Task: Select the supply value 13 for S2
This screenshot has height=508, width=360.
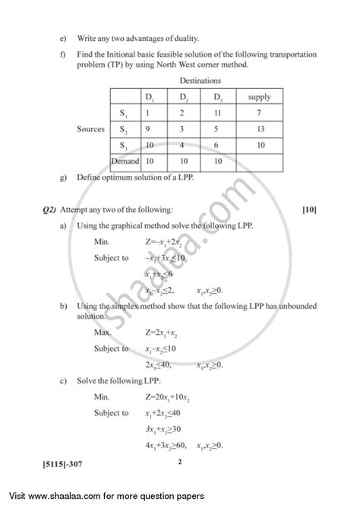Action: [x=259, y=129]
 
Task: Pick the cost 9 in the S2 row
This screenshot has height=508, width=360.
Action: [x=149, y=129]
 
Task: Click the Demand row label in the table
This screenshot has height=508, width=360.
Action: [x=125, y=161]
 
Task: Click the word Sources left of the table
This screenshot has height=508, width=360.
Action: [x=91, y=129]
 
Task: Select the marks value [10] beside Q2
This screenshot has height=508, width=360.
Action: [x=309, y=209]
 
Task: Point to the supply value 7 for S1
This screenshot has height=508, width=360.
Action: [x=259, y=113]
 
